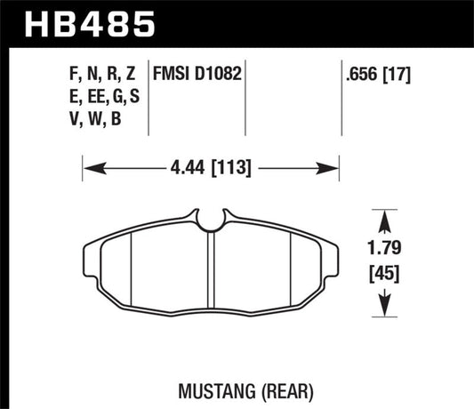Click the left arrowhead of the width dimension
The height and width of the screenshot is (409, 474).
(x=88, y=166)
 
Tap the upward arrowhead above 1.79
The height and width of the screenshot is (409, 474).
(x=384, y=216)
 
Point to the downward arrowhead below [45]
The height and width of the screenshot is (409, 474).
(x=384, y=309)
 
